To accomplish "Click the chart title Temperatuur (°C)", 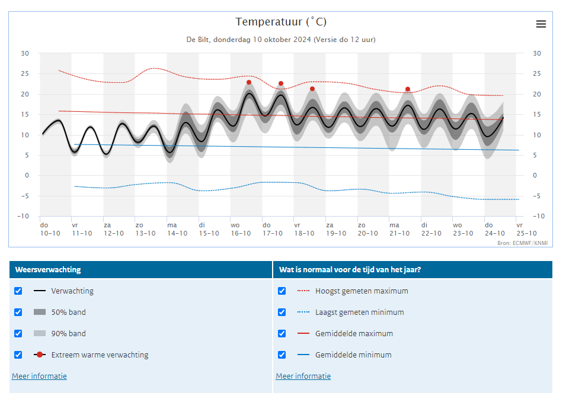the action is (281, 22).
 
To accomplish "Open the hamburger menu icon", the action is (541, 24).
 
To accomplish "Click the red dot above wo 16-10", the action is (249, 83).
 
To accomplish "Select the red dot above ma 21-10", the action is (408, 89).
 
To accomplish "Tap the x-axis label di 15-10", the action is (209, 229).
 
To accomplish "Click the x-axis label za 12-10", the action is (114, 229).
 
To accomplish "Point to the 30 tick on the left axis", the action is (24, 53).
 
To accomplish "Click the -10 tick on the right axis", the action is (539, 217).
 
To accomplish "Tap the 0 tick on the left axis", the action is (27, 176).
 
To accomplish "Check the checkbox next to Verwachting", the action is (18, 291).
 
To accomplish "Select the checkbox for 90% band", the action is (18, 333).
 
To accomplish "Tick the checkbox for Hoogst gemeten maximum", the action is (282, 291).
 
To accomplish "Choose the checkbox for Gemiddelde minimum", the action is (282, 355).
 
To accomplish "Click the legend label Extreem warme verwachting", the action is (100, 355).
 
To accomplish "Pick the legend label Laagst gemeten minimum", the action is (360, 313).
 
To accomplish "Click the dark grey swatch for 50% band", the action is (40, 312).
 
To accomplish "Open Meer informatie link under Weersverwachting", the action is (39, 376).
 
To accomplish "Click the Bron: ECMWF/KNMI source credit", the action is (522, 243).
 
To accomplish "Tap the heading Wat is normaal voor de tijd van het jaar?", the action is (350, 270).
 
